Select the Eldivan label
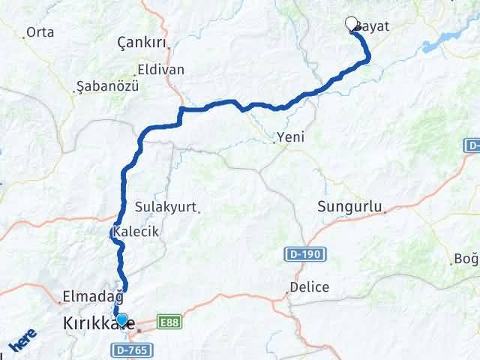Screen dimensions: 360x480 pos(160,70)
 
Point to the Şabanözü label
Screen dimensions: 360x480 pos(108,86)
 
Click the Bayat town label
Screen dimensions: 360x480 pos(372,25)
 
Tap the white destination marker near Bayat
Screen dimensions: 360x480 pos(351,24)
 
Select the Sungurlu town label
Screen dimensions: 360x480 pos(350,206)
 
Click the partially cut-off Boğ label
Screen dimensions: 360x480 pos(466,259)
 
